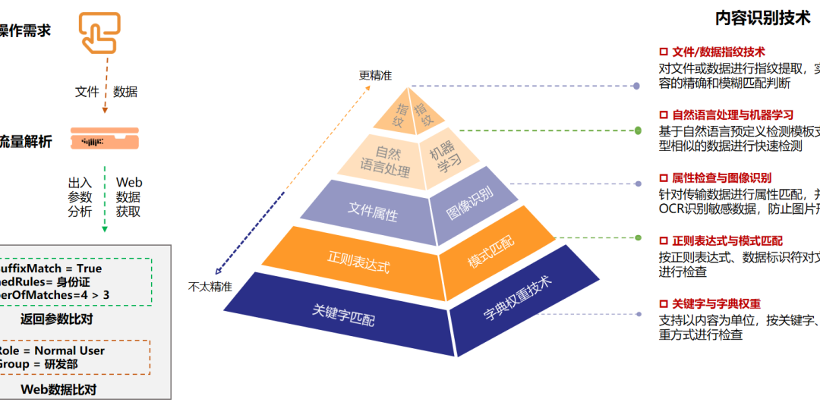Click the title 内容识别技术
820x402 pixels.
pyautogui.click(x=762, y=19)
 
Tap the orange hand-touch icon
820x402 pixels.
pyautogui.click(x=99, y=33)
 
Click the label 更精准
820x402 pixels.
pyautogui.click(x=375, y=75)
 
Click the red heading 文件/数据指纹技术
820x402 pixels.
pyautogui.click(x=717, y=52)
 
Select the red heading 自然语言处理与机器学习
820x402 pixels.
pyautogui.click(x=732, y=115)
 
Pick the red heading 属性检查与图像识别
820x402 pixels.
pyautogui.click(x=721, y=178)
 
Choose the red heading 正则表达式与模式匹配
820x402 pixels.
pyautogui.click(x=727, y=241)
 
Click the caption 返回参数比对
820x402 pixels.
pyautogui.click(x=57, y=319)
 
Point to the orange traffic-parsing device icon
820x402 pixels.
pyautogui.click(x=104, y=138)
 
